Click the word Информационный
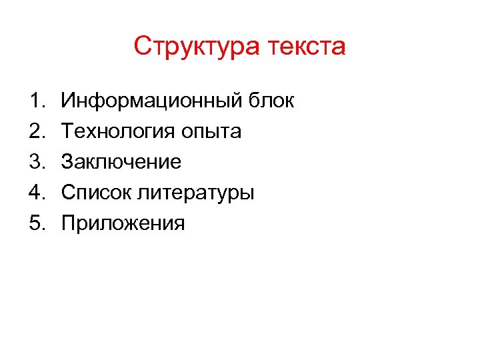152,101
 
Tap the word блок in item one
271,101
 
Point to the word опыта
211,132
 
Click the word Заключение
121,162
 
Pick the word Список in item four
97,193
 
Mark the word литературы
197,193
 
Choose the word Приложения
123,223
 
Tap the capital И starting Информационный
68,101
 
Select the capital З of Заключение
67,162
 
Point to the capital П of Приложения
68,223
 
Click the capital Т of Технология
67,132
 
